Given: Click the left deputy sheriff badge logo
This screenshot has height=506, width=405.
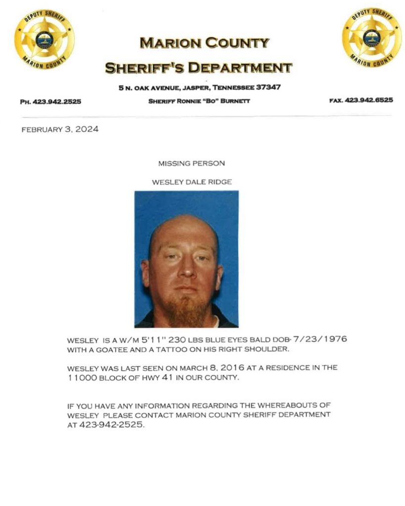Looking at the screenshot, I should [x=44, y=39].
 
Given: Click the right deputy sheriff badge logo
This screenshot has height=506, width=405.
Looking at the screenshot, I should [x=371, y=39].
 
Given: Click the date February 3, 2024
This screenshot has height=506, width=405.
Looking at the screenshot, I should [x=60, y=130].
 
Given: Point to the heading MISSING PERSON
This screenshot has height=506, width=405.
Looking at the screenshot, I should [x=191, y=163].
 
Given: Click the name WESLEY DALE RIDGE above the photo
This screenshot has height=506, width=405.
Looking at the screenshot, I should [x=192, y=182].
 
